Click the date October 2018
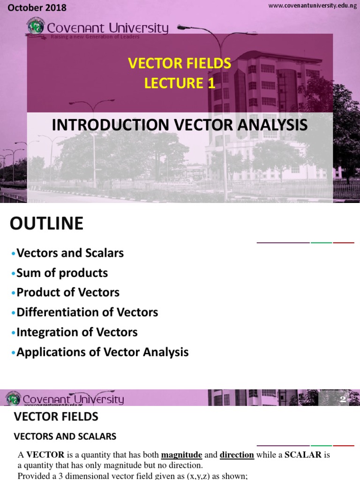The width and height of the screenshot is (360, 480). point(37,8)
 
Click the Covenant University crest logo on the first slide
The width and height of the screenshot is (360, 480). point(35,27)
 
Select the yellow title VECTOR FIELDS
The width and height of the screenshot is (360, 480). point(180,63)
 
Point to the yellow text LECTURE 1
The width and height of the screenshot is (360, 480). point(180,83)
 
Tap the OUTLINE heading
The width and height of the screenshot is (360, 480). point(46,224)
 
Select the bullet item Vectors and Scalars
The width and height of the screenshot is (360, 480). point(70,253)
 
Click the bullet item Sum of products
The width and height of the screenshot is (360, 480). point(62,273)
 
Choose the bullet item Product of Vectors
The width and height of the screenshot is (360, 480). point(68,292)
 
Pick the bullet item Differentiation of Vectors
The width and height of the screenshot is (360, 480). point(87,312)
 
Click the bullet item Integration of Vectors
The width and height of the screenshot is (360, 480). point(77,332)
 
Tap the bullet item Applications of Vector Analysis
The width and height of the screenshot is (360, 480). point(102,352)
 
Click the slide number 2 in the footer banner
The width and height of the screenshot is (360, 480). point(343,399)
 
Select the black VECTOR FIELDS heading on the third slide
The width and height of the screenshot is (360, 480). point(56,416)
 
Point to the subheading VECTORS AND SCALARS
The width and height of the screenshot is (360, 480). point(65,436)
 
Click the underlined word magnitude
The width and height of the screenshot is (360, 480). point(181,455)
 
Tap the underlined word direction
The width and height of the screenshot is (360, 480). point(237,455)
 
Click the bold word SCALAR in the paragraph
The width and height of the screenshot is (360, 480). point(303,455)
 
